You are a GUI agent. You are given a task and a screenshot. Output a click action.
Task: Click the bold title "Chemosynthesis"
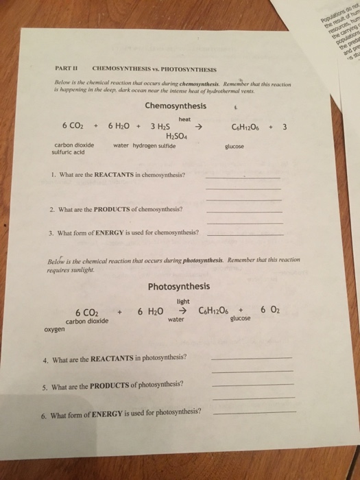pos(175,106)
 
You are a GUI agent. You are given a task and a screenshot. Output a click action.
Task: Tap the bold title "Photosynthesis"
pos(178,286)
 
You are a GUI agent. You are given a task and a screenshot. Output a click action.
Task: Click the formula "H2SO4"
pos(178,135)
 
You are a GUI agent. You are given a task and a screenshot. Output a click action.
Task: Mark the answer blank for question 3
pos(245,234)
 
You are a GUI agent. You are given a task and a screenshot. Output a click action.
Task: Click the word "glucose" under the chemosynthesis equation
pos(235,145)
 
